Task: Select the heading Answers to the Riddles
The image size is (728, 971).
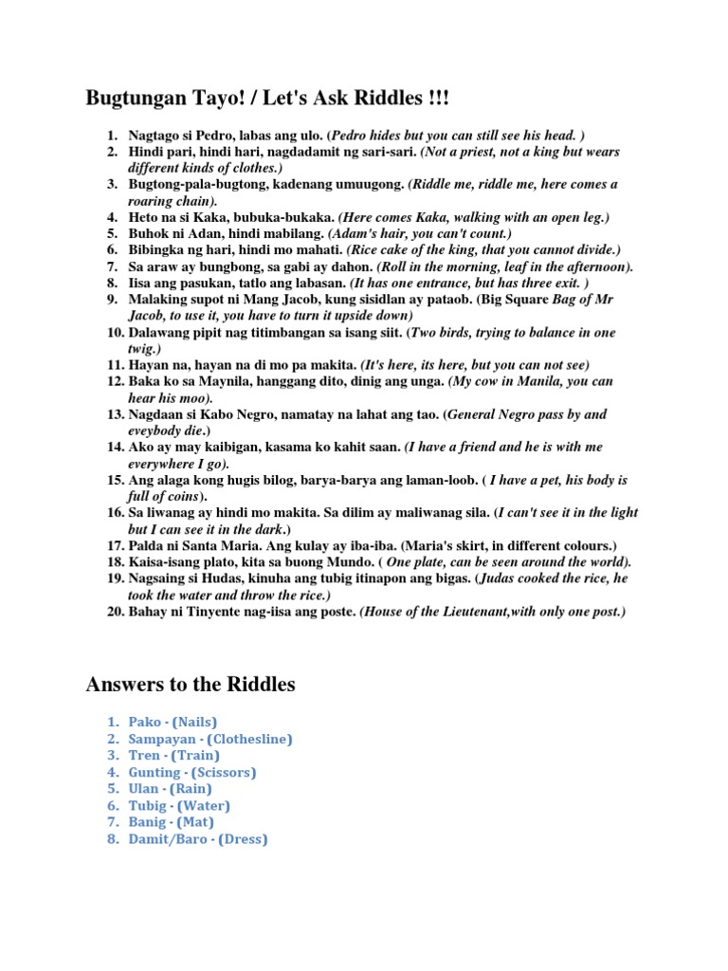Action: (x=191, y=684)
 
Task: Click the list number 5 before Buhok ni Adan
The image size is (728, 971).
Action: (x=112, y=232)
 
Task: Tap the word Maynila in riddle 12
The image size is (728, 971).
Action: (x=212, y=381)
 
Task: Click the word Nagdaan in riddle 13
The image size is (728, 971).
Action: (x=156, y=414)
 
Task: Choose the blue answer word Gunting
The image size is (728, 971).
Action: (x=155, y=772)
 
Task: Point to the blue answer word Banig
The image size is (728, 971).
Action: (x=147, y=822)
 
